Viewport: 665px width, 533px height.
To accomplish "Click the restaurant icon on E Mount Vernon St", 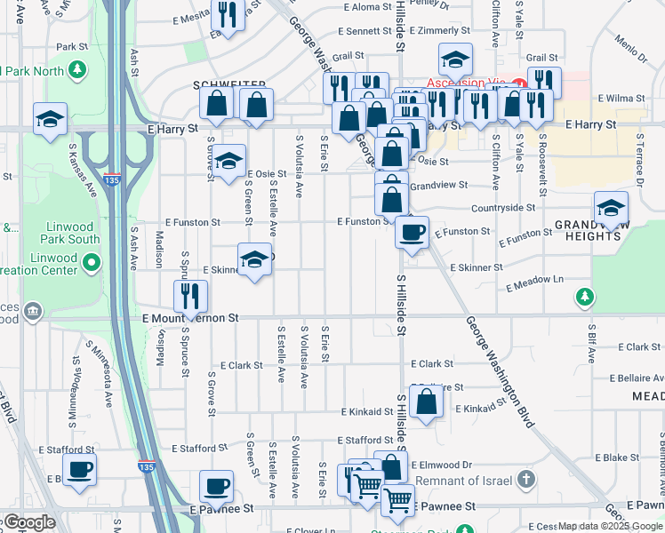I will (x=190, y=297).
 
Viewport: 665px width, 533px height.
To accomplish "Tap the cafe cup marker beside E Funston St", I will (x=412, y=233).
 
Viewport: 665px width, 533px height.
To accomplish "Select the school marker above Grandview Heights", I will (x=611, y=208).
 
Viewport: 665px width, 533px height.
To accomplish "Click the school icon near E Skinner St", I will (x=254, y=259).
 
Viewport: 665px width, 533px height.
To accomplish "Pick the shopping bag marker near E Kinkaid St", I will (x=427, y=402).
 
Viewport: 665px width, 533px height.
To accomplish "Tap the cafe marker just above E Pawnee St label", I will (x=217, y=486).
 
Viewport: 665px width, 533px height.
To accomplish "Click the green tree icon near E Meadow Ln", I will (x=584, y=297).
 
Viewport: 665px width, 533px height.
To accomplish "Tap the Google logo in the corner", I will (x=28, y=522).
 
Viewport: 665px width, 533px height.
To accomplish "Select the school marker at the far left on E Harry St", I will (x=50, y=119).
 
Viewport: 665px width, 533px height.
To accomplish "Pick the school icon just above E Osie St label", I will (x=229, y=161).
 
